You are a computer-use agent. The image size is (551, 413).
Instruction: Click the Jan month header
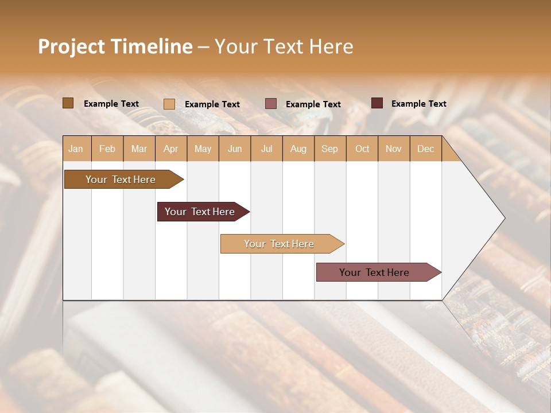(x=76, y=149)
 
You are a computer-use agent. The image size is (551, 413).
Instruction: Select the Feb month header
(x=107, y=149)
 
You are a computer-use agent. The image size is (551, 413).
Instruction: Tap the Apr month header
(x=171, y=149)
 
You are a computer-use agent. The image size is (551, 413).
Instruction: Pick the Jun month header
(x=235, y=149)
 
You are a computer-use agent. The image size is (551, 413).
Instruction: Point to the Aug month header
(x=298, y=149)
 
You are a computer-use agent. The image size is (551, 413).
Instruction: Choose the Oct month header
(x=362, y=149)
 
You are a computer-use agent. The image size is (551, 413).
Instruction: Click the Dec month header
(x=425, y=149)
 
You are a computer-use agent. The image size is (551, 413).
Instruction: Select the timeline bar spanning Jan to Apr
(x=121, y=180)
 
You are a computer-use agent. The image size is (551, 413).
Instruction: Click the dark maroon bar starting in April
(x=200, y=212)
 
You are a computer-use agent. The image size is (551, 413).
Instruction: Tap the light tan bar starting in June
(x=280, y=244)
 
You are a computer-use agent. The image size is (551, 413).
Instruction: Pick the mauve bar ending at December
(x=375, y=272)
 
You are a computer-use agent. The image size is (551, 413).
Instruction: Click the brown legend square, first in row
(x=68, y=103)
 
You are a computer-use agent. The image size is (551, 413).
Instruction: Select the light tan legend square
(x=169, y=104)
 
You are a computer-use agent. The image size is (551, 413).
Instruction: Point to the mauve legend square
(x=271, y=104)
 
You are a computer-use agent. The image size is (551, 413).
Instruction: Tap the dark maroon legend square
(x=377, y=103)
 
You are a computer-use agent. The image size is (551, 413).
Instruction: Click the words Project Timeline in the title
(x=115, y=46)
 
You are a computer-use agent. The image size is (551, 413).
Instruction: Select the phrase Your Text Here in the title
(x=284, y=46)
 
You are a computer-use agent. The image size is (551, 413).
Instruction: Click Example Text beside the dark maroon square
(x=418, y=104)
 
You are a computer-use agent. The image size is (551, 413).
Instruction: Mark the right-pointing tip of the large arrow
(x=503, y=218)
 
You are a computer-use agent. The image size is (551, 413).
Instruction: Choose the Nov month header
(x=394, y=149)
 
